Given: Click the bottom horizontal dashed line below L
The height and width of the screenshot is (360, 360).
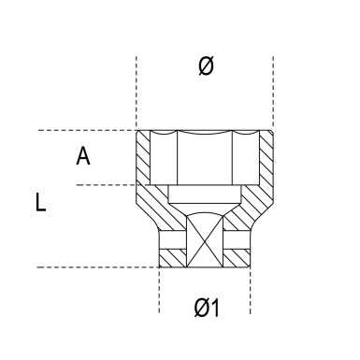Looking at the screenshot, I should click(94, 268).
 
